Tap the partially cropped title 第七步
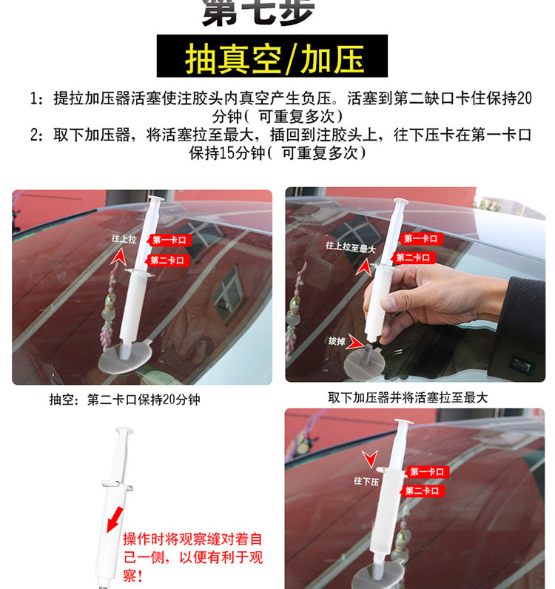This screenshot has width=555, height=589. pos(258,11)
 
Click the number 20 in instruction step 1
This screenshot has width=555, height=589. pos(524,98)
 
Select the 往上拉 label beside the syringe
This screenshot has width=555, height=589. pos(124,239)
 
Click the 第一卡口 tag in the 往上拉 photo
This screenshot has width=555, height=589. pos(169,240)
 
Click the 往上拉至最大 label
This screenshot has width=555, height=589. pos(350,246)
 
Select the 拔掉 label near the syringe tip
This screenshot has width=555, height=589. pos(337,341)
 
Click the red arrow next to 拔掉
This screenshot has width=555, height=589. pos(358,342)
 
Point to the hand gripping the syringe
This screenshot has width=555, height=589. pos(429,296)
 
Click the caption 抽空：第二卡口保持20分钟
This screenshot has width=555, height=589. pos(124,400)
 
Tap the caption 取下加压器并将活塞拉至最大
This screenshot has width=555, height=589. pos(408,397)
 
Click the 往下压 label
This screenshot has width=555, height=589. pos(366,481)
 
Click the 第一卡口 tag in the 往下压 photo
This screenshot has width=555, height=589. pos(428,472)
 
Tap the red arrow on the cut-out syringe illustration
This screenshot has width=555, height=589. pos(114,517)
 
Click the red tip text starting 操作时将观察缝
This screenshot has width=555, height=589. pos(192,556)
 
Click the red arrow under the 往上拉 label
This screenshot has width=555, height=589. pos(116,257)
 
